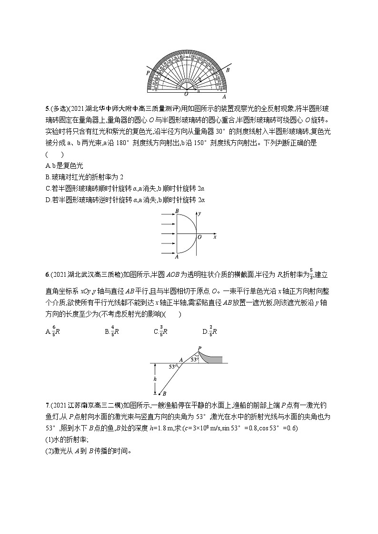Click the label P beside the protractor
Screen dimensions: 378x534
[149, 73]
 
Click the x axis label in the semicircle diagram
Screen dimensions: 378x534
[215, 236]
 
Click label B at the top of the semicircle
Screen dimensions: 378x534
[177, 210]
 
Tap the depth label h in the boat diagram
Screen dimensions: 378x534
[155, 379]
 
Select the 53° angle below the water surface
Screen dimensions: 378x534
[173, 367]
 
